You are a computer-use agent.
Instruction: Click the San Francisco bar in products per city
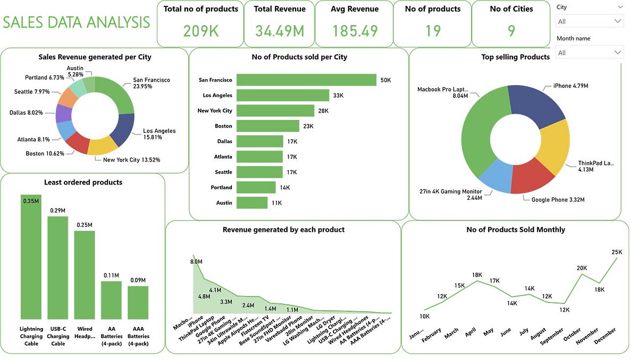[x=306, y=80]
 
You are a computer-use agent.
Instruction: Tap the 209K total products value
[x=201, y=30]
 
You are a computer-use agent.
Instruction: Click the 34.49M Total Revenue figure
[x=280, y=30]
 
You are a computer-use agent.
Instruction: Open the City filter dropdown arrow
[x=617, y=21]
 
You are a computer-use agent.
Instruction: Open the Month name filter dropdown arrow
[x=617, y=53]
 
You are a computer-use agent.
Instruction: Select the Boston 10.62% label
[x=45, y=154]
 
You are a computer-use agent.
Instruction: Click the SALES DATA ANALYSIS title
[x=77, y=22]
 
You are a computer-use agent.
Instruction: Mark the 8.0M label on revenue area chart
[x=196, y=262]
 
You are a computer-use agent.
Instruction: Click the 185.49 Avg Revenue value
[x=355, y=30]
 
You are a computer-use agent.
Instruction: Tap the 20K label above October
[x=582, y=268]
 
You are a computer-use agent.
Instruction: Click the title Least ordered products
[x=83, y=182]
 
